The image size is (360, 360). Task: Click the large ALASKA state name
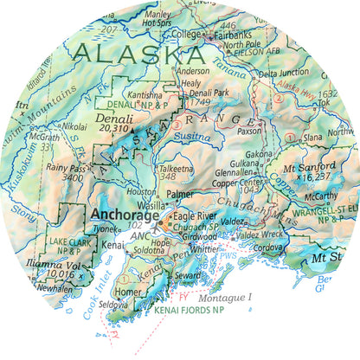pyautogui.click(x=138, y=53)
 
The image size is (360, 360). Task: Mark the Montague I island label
pyautogui.click(x=224, y=296)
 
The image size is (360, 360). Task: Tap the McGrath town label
pyautogui.click(x=44, y=136)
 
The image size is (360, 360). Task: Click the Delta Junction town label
pyautogui.click(x=284, y=74)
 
